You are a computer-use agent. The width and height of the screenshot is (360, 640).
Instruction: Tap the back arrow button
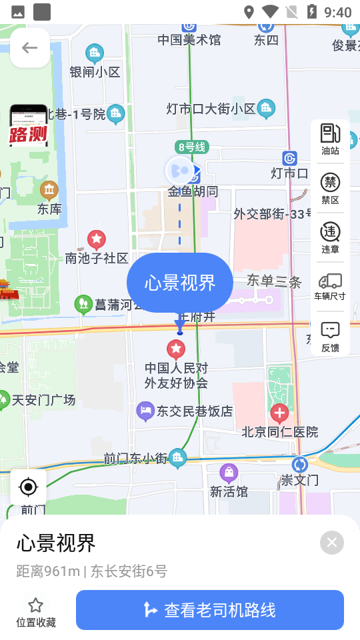coord(29,47)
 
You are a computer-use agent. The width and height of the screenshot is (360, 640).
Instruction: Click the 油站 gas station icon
coord(331,133)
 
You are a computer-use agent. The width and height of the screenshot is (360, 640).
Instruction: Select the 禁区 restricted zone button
coord(331,182)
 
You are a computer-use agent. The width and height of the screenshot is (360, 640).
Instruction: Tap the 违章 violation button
coord(331,232)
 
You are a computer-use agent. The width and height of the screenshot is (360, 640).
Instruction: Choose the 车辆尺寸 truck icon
coord(331,281)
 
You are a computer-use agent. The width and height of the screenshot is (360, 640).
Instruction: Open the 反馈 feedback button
coord(331,330)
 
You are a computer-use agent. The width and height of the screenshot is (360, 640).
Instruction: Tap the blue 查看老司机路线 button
coord(209,610)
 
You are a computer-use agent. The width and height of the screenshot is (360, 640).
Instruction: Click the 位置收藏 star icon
coord(36,605)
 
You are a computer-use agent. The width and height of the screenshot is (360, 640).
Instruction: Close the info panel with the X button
coord(332,543)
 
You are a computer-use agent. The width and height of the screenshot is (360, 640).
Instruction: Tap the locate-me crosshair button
coord(29,487)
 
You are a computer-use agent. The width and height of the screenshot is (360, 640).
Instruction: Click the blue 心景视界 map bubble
coord(180,283)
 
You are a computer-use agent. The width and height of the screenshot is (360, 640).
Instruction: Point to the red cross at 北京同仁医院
coord(279,413)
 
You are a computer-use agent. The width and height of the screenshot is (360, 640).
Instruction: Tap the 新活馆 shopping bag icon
coord(229,473)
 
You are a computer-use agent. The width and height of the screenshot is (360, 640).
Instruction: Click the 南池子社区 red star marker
coord(97,239)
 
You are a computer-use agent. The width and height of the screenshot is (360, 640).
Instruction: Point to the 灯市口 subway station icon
coord(289,158)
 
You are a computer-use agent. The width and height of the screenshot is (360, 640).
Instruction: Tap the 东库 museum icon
coord(49,190)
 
